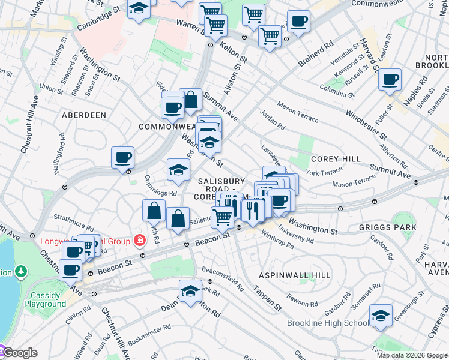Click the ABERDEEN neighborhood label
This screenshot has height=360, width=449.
[83, 115]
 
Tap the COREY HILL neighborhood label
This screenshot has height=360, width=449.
[336, 159]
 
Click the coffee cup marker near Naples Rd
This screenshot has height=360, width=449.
[390, 79]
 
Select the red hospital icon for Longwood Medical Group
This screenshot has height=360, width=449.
[140, 241]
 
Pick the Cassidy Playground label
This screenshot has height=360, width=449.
[45, 299]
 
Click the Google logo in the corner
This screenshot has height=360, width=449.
[19, 353]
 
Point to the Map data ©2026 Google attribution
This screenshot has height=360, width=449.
[412, 355]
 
